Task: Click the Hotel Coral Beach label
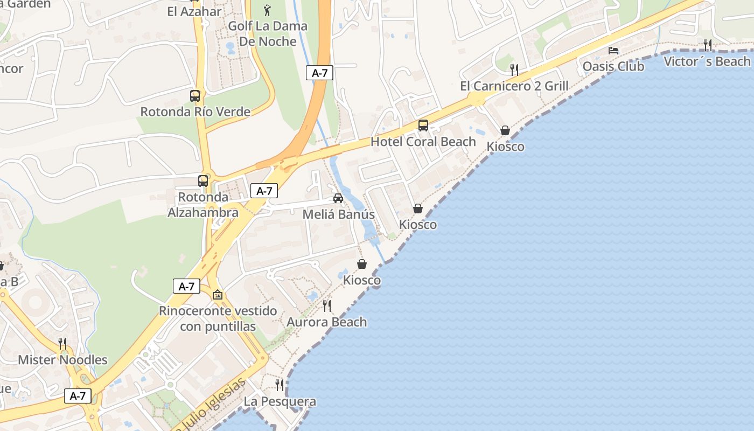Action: (x=423, y=142)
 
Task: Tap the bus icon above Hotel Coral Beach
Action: (x=423, y=126)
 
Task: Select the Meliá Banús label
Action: (x=338, y=214)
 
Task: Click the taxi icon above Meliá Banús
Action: (x=338, y=198)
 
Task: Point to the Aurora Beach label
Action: (x=326, y=322)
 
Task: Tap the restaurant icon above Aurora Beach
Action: (x=327, y=306)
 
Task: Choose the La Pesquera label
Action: (x=280, y=401)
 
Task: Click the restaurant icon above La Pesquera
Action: (x=280, y=385)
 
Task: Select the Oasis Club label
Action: (x=613, y=66)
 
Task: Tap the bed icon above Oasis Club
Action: (x=613, y=51)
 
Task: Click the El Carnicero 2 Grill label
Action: (x=514, y=86)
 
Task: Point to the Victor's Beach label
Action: (x=707, y=61)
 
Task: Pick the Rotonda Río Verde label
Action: (x=195, y=112)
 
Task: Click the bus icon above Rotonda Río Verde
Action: (x=195, y=96)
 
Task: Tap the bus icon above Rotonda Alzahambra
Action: (x=203, y=181)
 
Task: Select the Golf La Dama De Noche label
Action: (x=268, y=33)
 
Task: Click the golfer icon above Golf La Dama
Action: (x=268, y=10)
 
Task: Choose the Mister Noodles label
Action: (x=62, y=359)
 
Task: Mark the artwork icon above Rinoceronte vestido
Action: (x=218, y=295)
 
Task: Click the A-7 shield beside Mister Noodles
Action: (x=78, y=396)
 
